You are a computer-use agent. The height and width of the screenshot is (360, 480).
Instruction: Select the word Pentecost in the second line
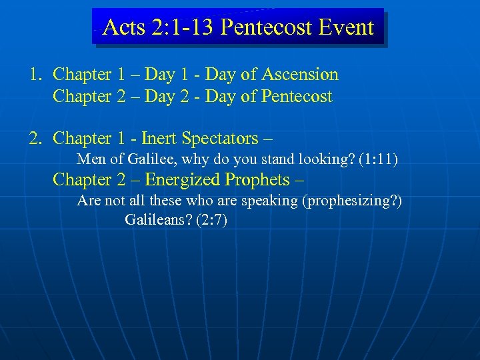coord(296,97)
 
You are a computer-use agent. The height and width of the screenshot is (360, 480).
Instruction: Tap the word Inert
coord(155,138)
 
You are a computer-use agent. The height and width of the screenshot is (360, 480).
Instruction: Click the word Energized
coord(183,179)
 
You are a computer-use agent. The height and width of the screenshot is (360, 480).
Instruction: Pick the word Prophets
coord(257,179)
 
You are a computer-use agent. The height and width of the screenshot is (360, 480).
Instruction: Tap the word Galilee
coord(149,159)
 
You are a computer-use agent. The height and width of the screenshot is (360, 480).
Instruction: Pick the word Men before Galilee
coord(90,159)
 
